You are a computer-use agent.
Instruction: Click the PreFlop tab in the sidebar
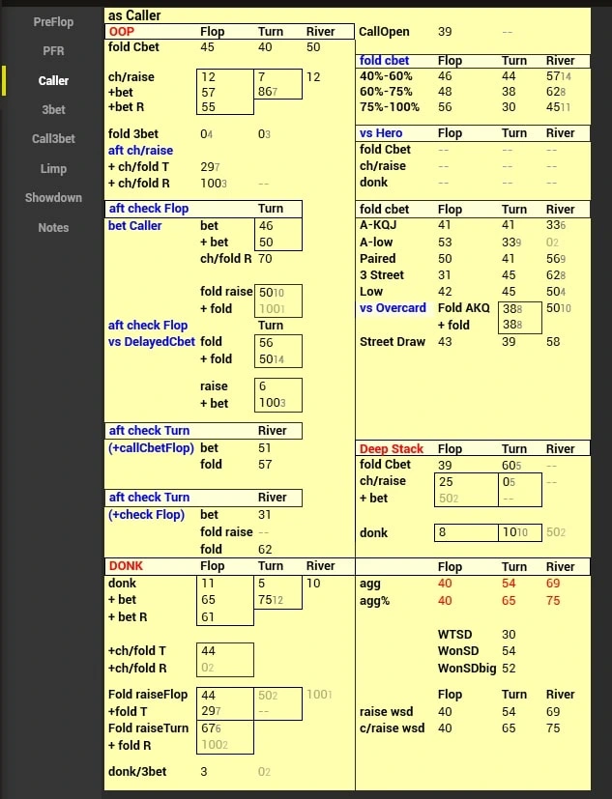53,21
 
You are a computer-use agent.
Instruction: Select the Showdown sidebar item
53,197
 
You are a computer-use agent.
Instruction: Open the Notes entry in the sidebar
53,227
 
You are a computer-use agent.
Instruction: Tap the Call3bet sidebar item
53,138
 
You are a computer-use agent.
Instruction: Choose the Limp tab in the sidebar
53,168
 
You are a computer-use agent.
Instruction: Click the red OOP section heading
121,31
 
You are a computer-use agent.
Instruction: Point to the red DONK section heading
126,566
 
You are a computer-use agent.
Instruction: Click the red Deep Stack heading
392,449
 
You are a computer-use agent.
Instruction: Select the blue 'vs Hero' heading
381,133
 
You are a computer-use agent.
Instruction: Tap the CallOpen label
385,32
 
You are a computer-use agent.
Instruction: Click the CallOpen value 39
445,32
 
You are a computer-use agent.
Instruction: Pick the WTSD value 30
509,634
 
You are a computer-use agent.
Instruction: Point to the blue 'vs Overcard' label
393,308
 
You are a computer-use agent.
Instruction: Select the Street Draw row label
393,342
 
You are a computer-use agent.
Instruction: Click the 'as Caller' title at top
135,15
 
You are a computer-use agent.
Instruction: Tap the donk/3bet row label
137,771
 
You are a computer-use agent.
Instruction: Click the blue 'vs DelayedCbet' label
152,341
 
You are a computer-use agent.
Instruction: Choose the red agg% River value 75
553,600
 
